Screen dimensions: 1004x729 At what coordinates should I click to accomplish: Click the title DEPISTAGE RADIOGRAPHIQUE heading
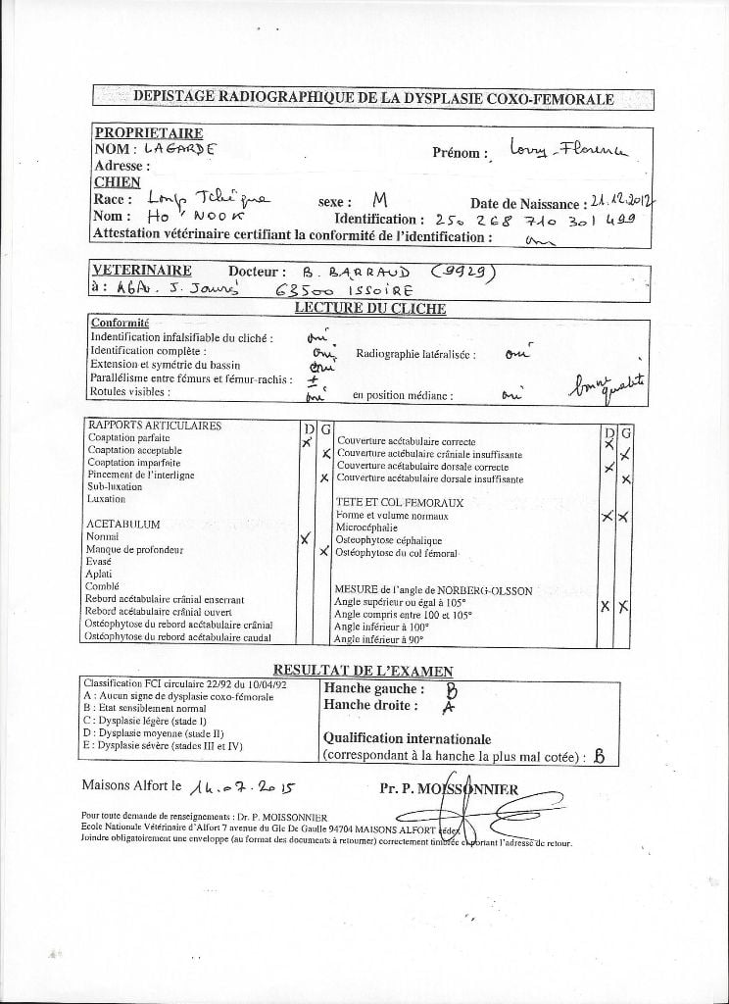point(372,98)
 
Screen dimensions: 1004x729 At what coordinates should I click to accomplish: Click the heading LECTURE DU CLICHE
point(370,308)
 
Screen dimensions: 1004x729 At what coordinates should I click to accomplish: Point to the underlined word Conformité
point(120,323)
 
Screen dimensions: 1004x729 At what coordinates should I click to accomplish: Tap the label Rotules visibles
point(129,391)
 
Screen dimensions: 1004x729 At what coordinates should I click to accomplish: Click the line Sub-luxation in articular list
point(115,486)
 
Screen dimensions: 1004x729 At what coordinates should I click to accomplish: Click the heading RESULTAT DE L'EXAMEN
point(363,670)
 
